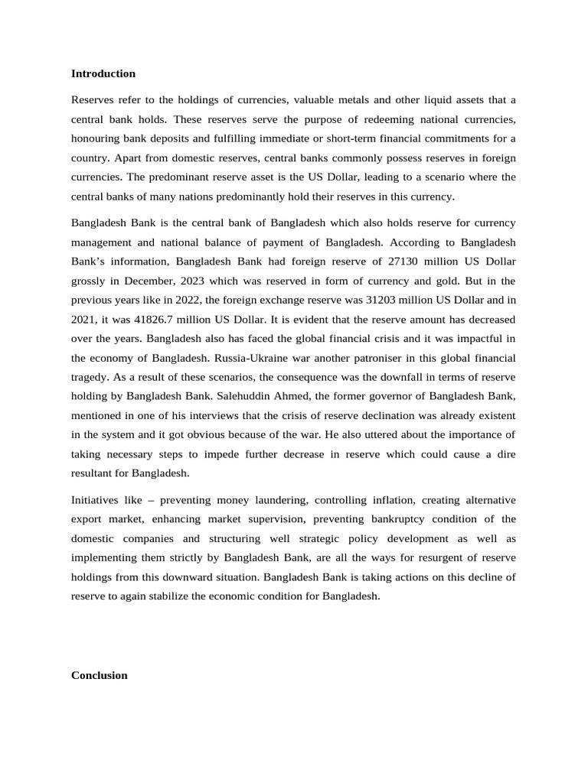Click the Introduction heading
(103, 73)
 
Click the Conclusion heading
(99, 675)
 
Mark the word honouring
(97, 138)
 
